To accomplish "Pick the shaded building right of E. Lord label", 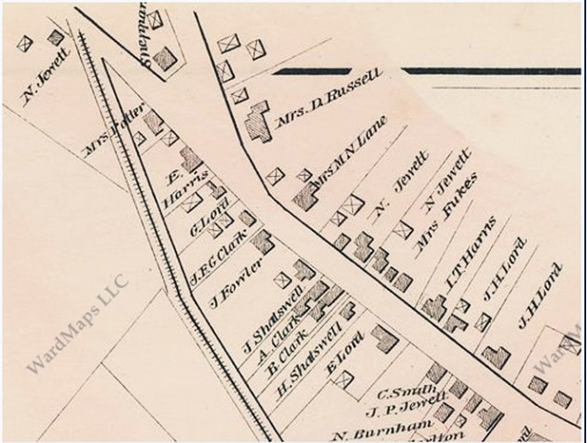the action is pos(384,339).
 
